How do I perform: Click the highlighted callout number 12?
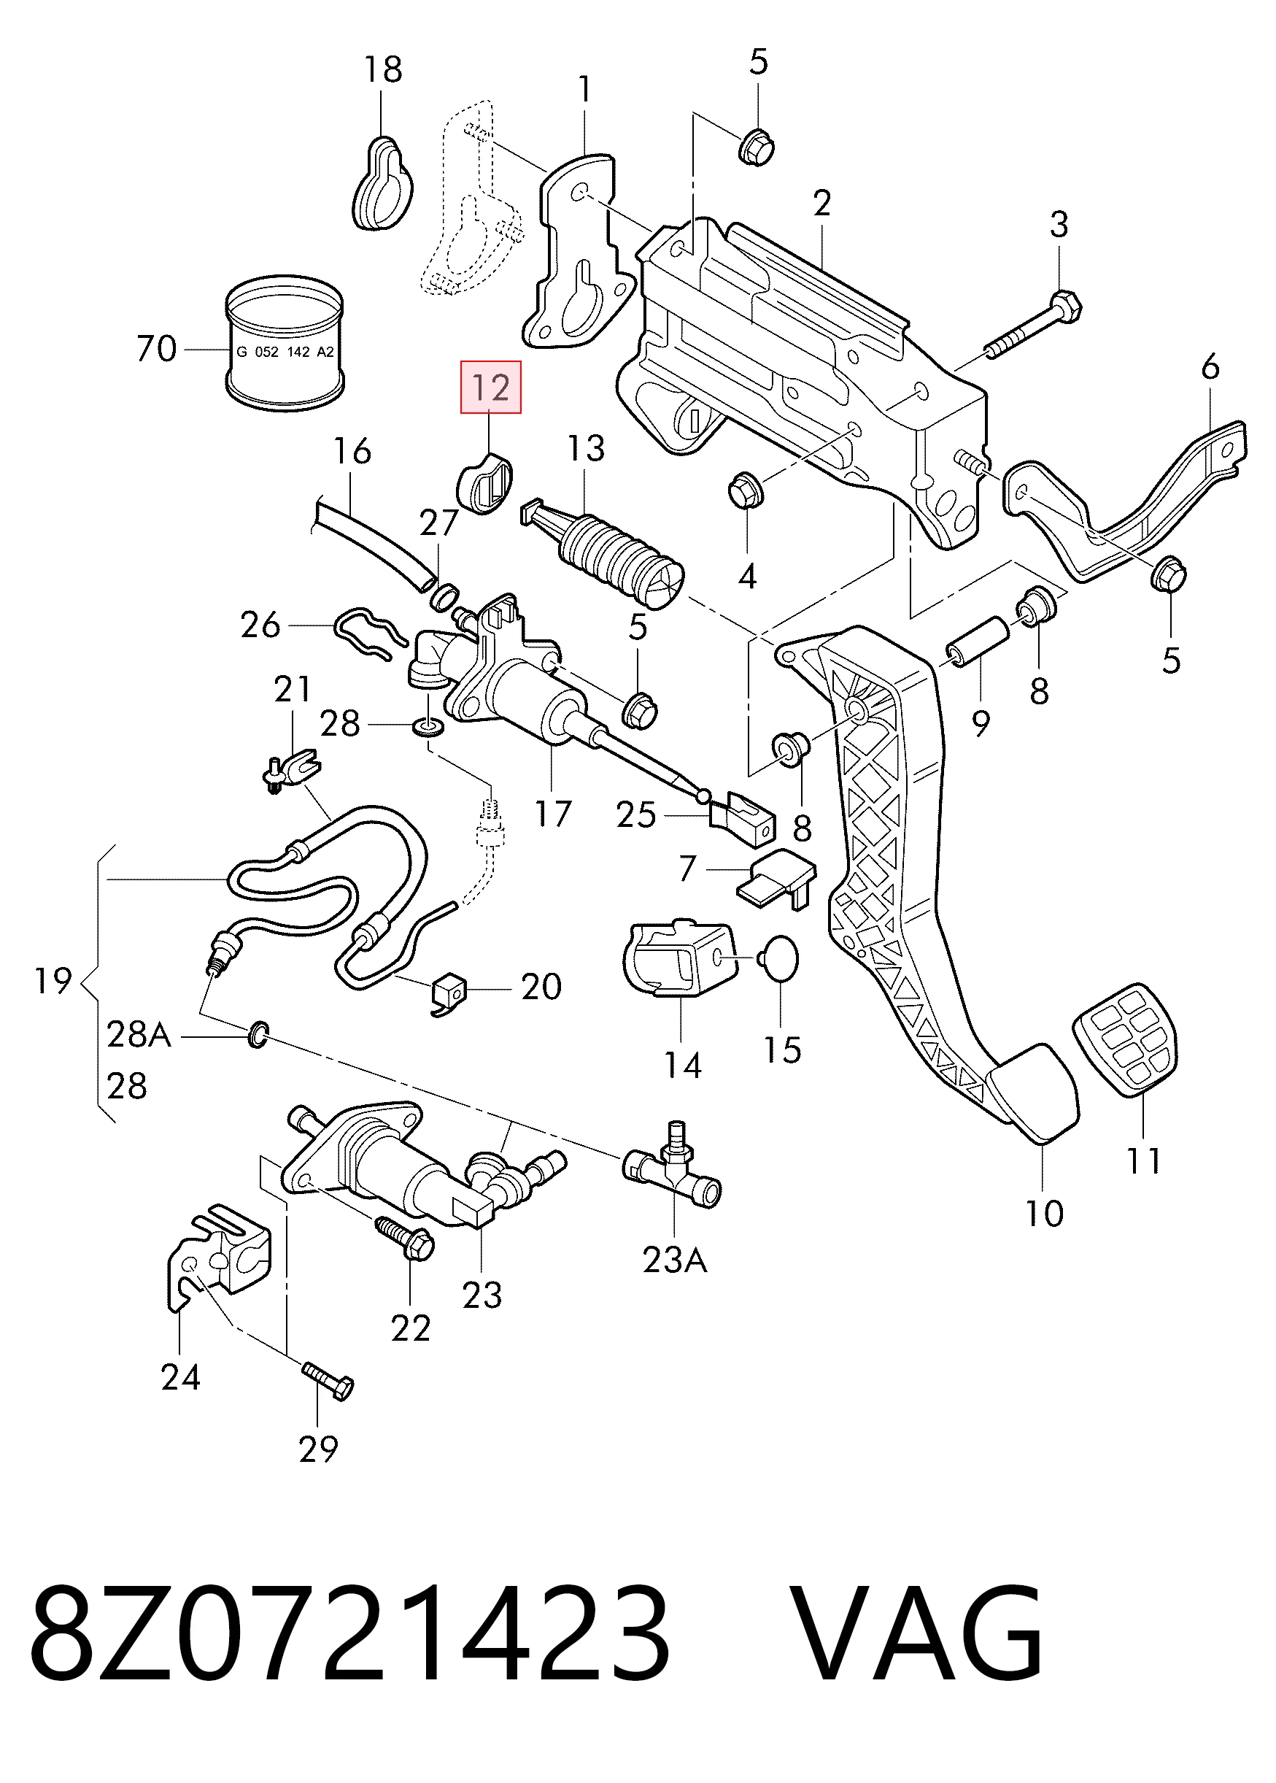click(491, 388)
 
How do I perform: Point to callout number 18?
click(382, 69)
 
